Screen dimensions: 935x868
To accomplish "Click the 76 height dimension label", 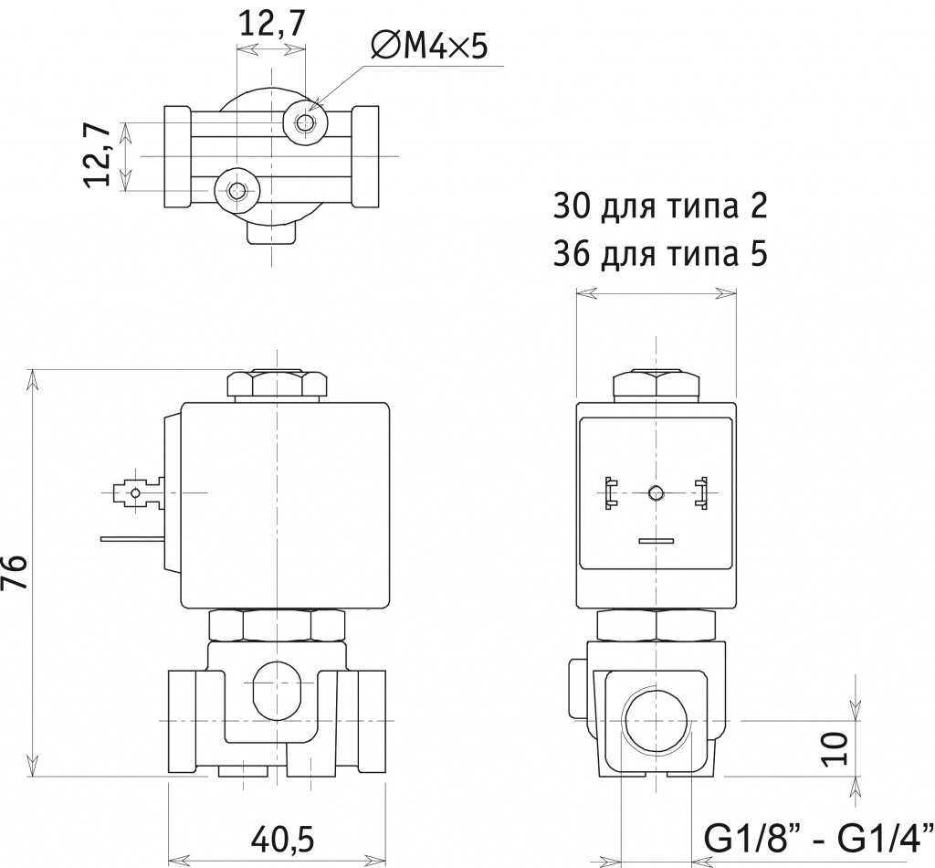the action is (15, 571).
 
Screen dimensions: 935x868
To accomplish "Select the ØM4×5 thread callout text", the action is (429, 46).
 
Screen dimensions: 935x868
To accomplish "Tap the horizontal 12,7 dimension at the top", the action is (272, 25).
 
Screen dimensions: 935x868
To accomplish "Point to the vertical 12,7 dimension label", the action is (98, 156).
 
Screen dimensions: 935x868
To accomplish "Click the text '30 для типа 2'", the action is (660, 206).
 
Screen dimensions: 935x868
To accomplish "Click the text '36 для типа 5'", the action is (660, 254).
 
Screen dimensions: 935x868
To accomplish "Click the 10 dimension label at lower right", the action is (837, 748).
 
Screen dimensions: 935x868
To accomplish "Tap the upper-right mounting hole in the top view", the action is (305, 123).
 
